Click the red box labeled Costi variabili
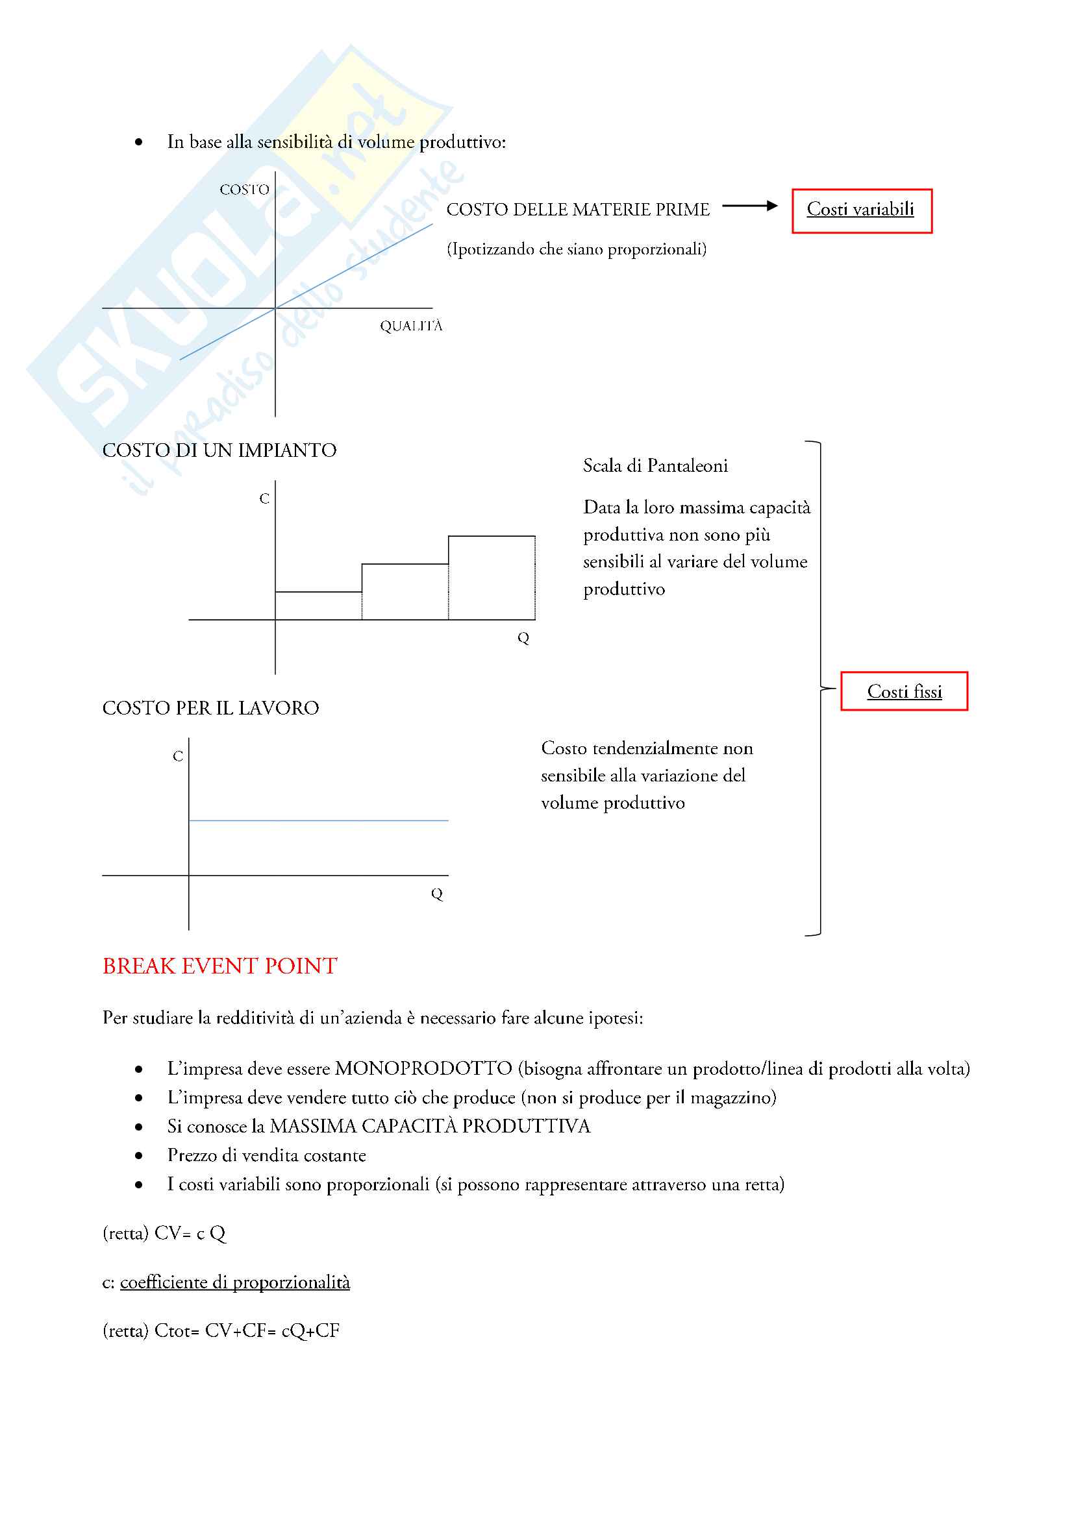861,211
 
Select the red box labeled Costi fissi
903,692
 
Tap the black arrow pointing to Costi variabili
749,206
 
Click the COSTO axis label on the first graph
244,190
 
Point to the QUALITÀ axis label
410,326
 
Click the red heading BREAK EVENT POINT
219,966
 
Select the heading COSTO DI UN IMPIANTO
219,450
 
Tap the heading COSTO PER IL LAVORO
210,708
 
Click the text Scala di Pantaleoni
655,466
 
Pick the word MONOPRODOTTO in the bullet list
423,1068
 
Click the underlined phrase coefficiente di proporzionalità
235,1282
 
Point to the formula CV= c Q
190,1233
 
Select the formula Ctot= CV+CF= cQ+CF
247,1331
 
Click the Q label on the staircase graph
523,638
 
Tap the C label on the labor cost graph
177,756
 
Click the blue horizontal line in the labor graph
318,820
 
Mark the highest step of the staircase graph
492,536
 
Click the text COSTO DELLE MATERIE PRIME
577,210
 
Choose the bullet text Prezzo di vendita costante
266,1155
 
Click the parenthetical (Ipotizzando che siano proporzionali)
577,249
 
